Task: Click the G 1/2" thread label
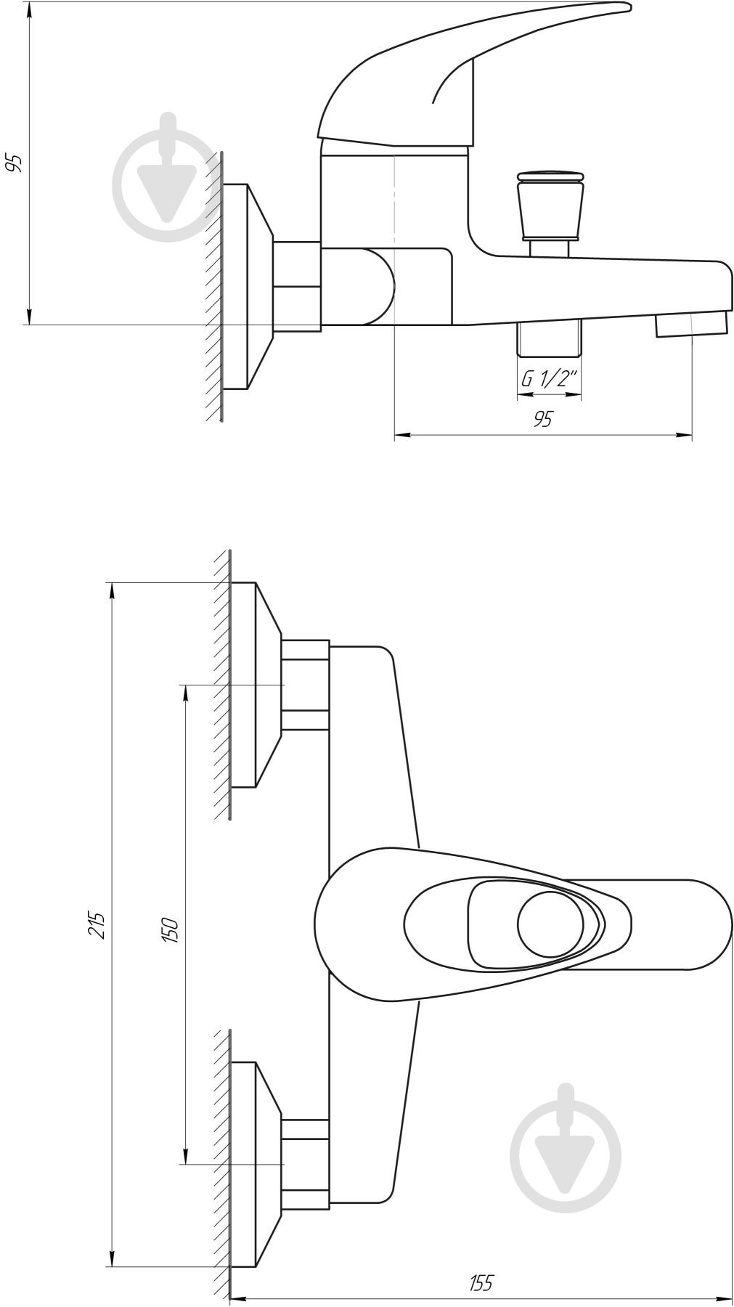(x=550, y=378)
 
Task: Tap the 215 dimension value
(x=98, y=924)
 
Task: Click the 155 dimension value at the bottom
(x=480, y=1283)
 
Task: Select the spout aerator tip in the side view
(x=691, y=324)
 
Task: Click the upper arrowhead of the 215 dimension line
(x=113, y=590)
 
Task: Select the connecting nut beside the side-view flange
(x=296, y=286)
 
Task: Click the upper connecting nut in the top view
(x=305, y=685)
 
